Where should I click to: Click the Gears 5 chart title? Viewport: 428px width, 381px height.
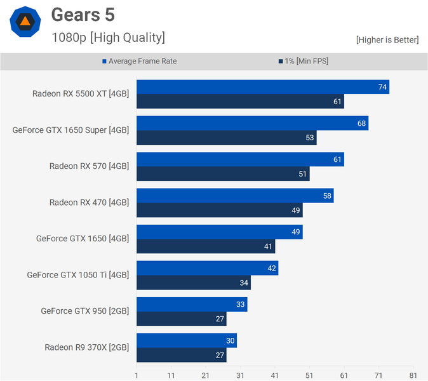(x=83, y=15)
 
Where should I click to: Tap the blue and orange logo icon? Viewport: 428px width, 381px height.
(x=25, y=22)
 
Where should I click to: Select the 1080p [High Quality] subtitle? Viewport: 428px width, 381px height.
(x=108, y=37)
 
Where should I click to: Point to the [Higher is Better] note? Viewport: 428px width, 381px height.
(x=387, y=40)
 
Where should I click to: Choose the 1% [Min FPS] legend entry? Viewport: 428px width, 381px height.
(x=303, y=62)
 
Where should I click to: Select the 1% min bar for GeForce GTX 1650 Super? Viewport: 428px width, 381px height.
(x=226, y=138)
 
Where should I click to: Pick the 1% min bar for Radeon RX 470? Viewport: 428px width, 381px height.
(x=219, y=210)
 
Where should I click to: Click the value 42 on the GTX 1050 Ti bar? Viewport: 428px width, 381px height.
(x=272, y=269)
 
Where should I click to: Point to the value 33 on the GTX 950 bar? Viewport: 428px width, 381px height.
(x=241, y=305)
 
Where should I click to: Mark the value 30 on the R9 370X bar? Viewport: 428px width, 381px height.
(x=231, y=341)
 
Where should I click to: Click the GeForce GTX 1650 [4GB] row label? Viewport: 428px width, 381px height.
(x=83, y=239)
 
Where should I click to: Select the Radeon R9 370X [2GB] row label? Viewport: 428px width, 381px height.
(x=86, y=347)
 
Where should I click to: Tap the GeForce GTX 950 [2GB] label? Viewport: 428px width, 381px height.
(x=84, y=311)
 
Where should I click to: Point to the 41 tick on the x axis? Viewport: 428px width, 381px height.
(x=274, y=375)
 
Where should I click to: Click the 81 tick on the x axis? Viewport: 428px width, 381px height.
(x=413, y=375)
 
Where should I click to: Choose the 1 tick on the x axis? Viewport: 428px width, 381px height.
(x=137, y=375)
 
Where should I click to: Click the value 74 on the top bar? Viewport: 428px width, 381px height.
(x=382, y=87)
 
